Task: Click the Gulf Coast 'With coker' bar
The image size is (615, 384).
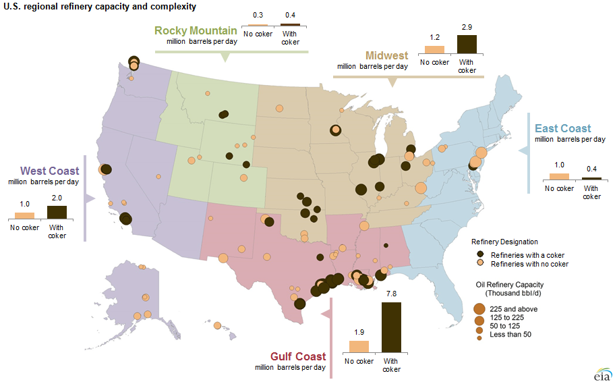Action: pyautogui.click(x=391, y=327)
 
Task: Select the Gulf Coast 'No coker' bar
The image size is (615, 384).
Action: pyautogui.click(x=358, y=346)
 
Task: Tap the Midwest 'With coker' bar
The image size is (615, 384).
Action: pyautogui.click(x=467, y=44)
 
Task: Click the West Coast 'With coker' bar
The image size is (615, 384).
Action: pyautogui.click(x=57, y=212)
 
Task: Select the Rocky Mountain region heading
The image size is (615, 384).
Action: pyautogui.click(x=196, y=30)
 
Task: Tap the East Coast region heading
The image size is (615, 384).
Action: pyautogui.click(x=562, y=128)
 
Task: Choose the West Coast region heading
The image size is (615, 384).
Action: pyautogui.click(x=49, y=171)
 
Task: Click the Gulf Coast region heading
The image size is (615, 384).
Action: pyautogui.click(x=297, y=356)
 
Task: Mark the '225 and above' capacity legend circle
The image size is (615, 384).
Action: pyautogui.click(x=479, y=308)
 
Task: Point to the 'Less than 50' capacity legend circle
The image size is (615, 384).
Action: pyautogui.click(x=479, y=335)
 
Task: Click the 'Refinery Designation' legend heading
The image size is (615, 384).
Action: pyautogui.click(x=504, y=242)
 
